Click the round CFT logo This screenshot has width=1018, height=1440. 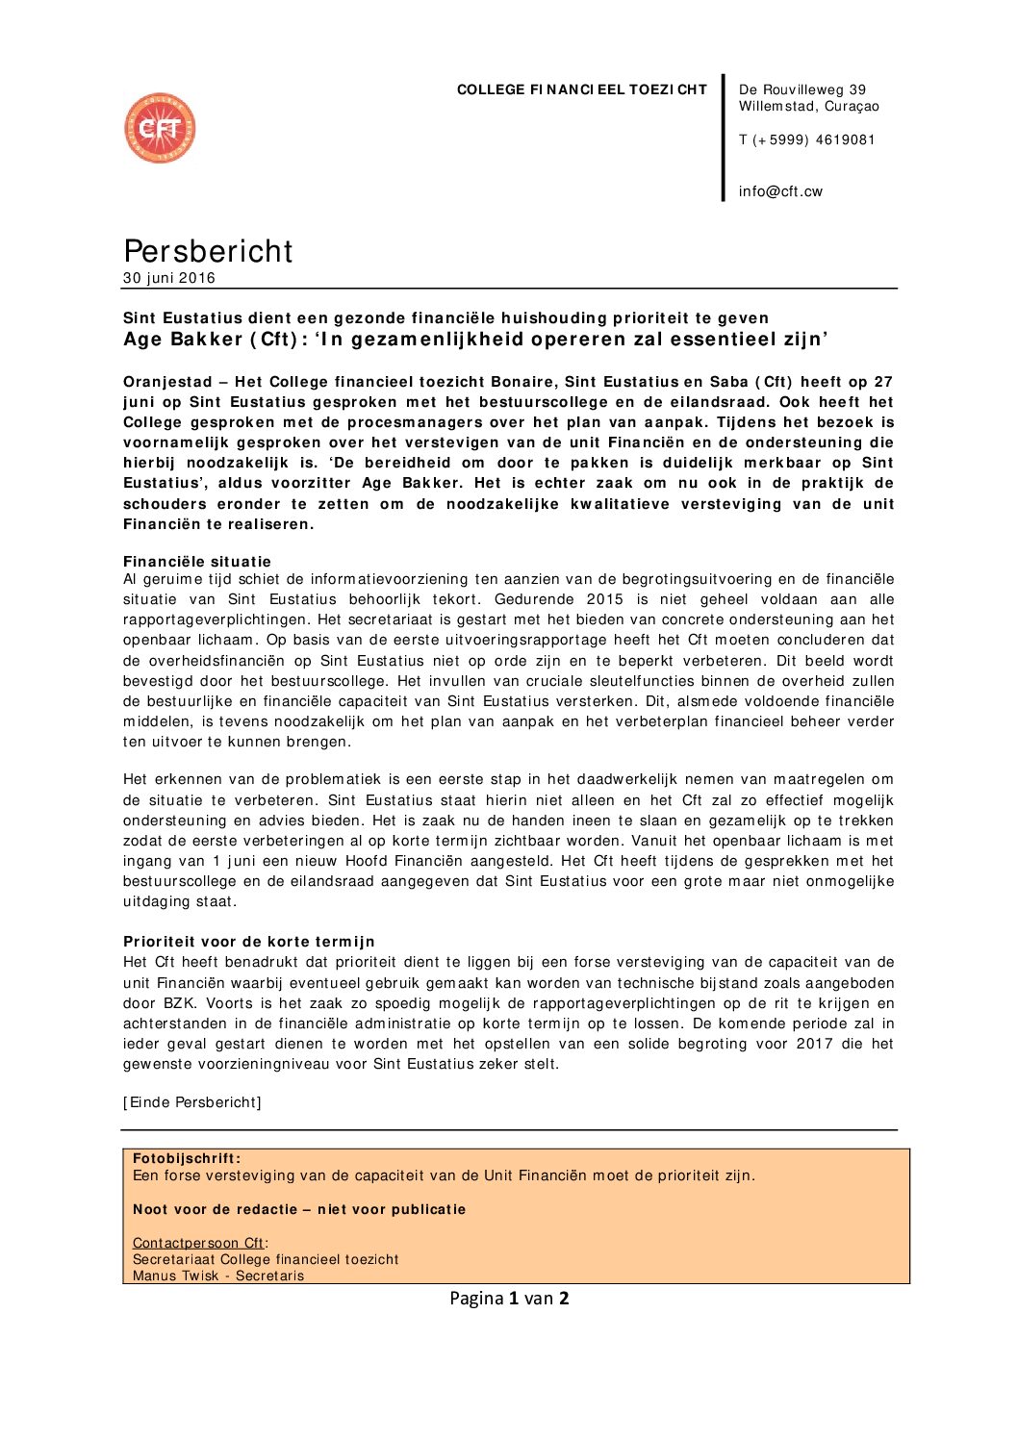(160, 128)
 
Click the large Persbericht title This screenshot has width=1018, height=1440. (208, 251)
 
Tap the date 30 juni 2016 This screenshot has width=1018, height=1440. (169, 278)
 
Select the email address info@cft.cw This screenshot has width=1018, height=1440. (780, 191)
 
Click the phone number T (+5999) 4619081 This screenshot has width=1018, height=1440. (806, 139)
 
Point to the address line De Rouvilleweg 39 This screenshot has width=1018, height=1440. (802, 89)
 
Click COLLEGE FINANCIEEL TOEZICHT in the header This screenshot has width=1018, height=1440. (581, 89)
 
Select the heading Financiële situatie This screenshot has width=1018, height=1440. (197, 562)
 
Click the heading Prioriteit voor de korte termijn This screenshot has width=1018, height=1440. (249, 942)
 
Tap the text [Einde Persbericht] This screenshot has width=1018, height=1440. (192, 1102)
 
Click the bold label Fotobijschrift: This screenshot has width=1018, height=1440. (187, 1159)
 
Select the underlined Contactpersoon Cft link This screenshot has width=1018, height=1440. (198, 1243)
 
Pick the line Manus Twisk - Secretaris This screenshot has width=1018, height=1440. (218, 1276)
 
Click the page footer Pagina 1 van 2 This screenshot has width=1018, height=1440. (509, 1298)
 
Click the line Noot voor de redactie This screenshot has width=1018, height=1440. (299, 1209)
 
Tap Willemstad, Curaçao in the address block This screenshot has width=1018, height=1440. (808, 107)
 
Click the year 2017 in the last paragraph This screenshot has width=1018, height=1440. (814, 1044)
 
